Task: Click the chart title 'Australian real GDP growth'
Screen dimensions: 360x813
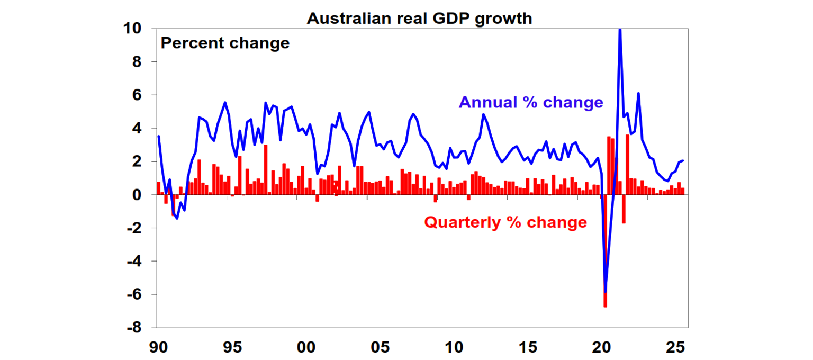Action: pos(419,18)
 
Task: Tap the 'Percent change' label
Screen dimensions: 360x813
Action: pos(225,43)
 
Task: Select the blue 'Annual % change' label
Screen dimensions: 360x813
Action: pos(531,102)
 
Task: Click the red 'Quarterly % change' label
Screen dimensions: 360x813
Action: pos(505,222)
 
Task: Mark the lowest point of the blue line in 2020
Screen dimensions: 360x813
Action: pos(605,292)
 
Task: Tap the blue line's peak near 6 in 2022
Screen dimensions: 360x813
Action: pos(638,94)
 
